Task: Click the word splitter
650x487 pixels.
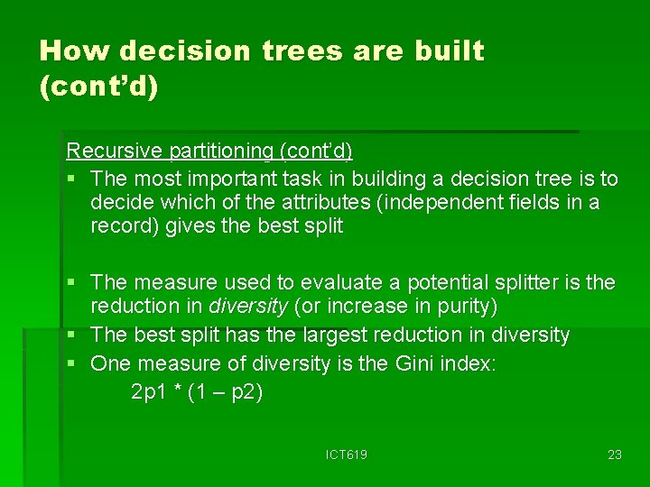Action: (x=527, y=282)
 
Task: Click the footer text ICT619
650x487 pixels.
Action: (x=347, y=455)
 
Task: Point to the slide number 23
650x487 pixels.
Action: (x=615, y=455)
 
